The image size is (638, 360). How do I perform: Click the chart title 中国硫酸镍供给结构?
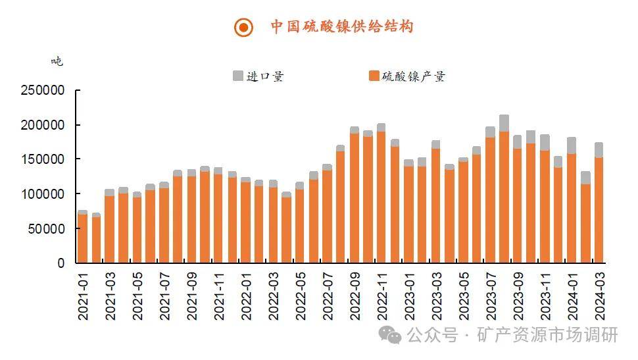click(341, 27)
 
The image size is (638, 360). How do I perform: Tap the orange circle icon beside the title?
click(243, 28)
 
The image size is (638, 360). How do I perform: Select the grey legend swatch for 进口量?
click(237, 76)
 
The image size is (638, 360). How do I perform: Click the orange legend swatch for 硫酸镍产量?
click(374, 76)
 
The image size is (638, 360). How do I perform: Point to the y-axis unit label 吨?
click(57, 61)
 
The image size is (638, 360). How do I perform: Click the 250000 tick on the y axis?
click(42, 90)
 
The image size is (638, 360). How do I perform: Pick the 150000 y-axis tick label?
click(42, 159)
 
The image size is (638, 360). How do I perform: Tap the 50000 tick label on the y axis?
click(46, 228)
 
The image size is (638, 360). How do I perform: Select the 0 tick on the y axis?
click(61, 263)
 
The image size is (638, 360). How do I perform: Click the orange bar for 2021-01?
click(83, 238)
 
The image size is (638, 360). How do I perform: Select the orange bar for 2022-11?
click(381, 197)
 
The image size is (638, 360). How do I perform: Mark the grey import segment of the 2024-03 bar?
click(599, 150)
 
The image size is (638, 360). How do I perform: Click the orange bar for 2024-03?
click(599, 211)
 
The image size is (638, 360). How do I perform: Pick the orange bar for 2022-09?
click(355, 198)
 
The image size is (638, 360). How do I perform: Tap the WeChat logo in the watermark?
click(393, 336)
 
